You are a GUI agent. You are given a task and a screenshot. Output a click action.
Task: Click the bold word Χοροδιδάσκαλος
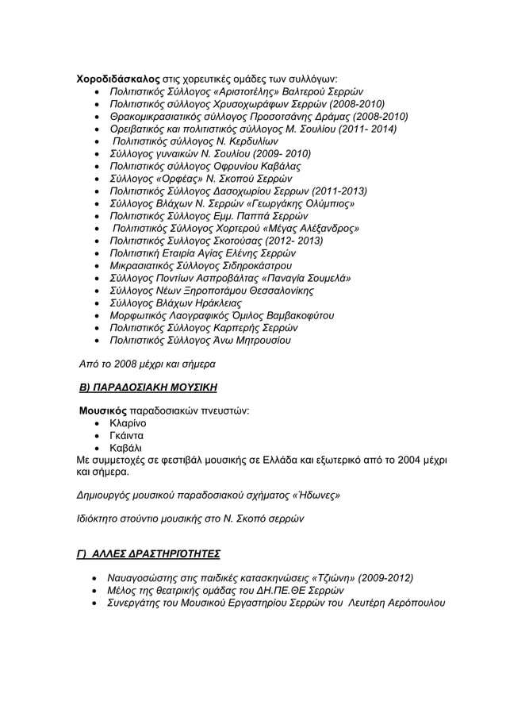tap(118, 79)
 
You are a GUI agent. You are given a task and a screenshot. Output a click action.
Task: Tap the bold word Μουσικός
tap(103, 411)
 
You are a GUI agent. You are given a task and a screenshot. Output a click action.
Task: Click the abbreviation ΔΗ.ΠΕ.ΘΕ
tap(289, 591)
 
